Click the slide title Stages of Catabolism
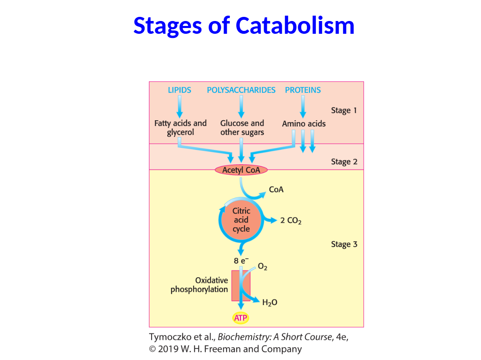(244, 25)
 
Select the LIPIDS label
(180, 90)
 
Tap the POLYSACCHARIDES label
(241, 90)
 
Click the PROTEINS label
(303, 90)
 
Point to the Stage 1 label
(344, 110)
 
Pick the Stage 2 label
(344, 162)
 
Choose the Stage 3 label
(344, 244)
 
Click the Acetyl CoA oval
(241, 170)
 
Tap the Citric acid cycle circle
(241, 220)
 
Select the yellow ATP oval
(241, 318)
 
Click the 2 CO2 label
(291, 221)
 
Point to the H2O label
(270, 303)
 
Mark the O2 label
(262, 267)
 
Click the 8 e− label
(241, 260)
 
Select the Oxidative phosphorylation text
(199, 285)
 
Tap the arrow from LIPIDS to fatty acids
(180, 106)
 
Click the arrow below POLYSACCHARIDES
(241, 106)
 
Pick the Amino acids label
(304, 124)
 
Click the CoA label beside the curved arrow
(276, 189)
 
